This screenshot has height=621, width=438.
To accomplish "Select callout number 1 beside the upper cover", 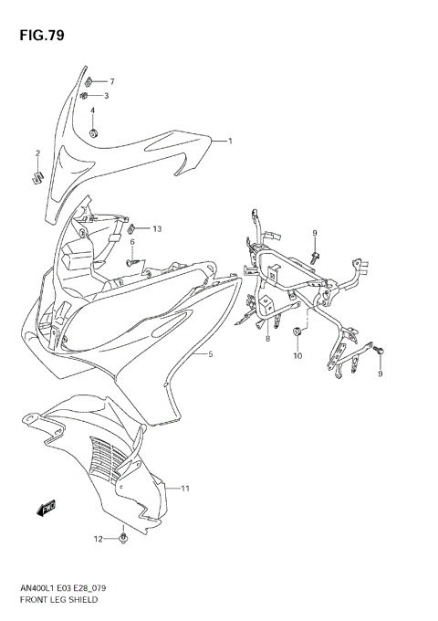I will [x=230, y=141].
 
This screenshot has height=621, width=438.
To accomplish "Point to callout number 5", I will [x=210, y=354].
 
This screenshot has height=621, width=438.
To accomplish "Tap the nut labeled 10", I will [x=298, y=333].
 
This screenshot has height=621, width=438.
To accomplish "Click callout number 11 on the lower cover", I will [x=185, y=489].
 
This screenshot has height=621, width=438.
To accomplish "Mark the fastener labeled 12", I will [x=123, y=540].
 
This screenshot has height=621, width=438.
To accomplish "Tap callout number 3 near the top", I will [x=106, y=95].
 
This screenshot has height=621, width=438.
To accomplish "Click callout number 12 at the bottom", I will [x=99, y=540].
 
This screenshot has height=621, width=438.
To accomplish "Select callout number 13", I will [x=156, y=228].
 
